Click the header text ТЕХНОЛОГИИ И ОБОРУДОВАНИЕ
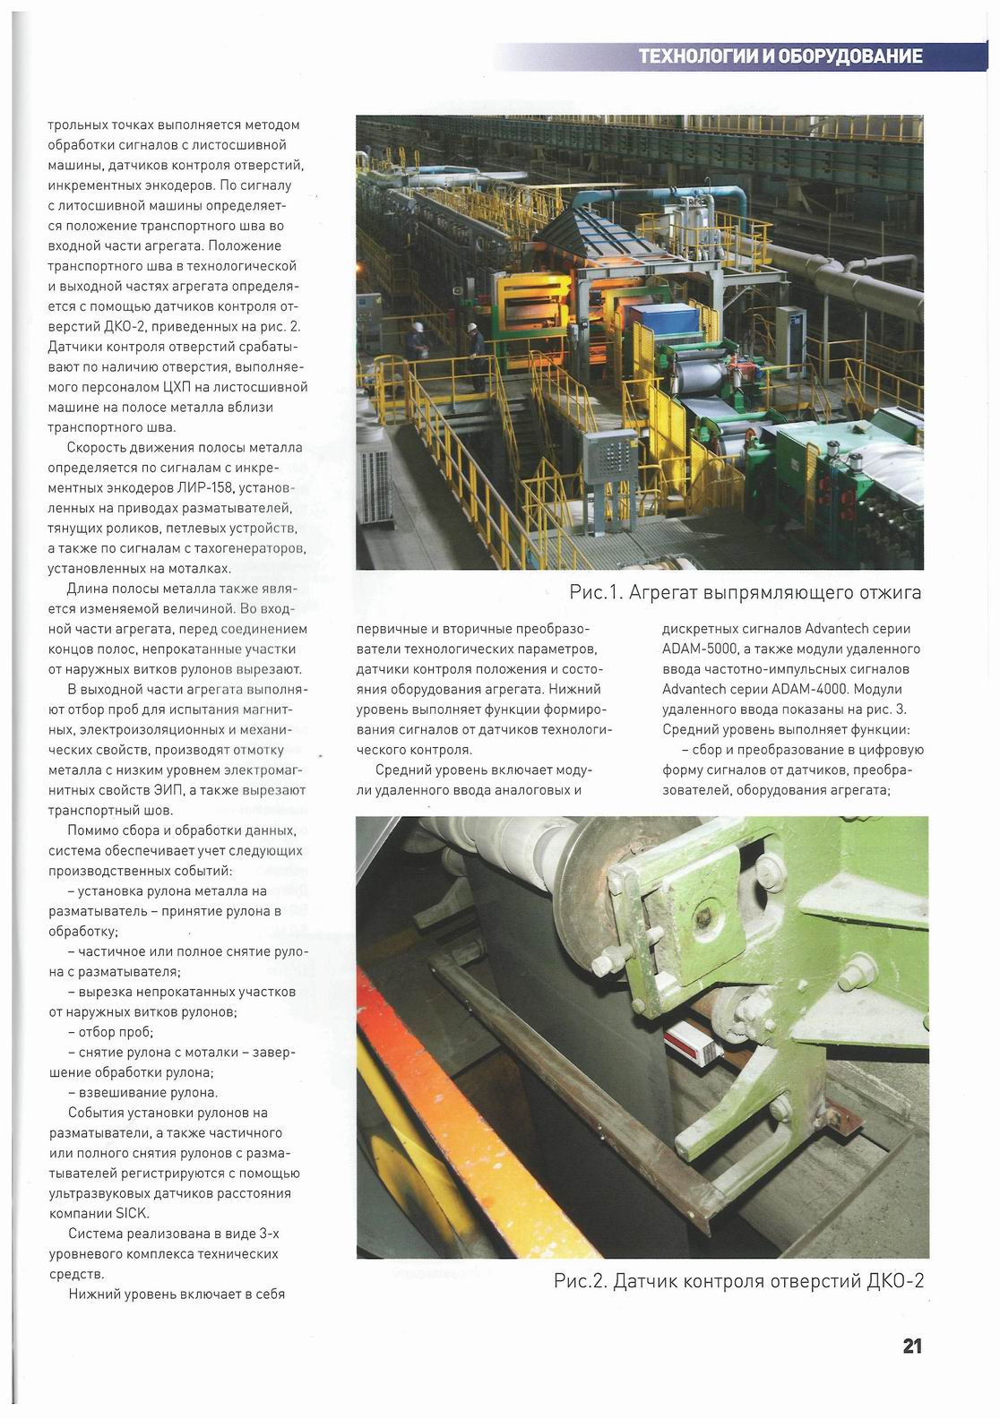coord(780,56)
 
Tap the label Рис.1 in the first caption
coord(595,592)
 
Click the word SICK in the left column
coord(132,1214)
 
